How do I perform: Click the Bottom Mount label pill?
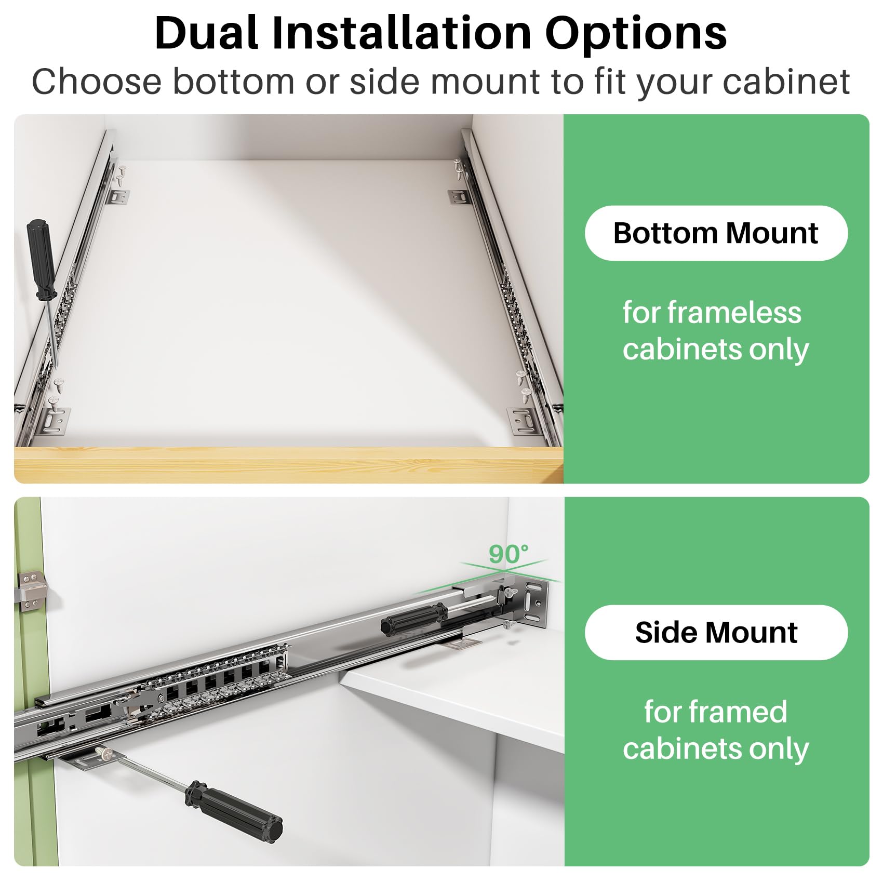(716, 233)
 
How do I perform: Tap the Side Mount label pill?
(716, 632)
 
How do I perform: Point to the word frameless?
(734, 313)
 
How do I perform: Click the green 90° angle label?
(509, 554)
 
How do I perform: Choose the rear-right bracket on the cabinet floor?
(459, 197)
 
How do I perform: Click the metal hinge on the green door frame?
(32, 590)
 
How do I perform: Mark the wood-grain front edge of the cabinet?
(288, 464)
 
